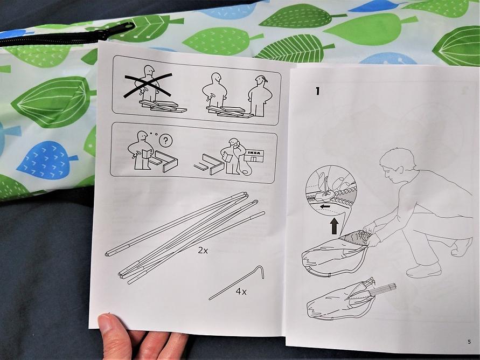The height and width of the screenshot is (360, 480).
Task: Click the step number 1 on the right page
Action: [317, 91]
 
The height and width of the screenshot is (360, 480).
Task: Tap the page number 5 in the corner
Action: [469, 342]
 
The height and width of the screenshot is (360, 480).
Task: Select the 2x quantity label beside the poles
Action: [203, 251]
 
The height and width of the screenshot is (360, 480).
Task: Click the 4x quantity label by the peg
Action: [241, 292]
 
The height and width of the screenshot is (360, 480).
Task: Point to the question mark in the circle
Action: [166, 141]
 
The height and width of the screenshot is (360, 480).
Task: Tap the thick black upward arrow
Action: [335, 226]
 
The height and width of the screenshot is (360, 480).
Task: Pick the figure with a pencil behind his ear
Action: [259, 95]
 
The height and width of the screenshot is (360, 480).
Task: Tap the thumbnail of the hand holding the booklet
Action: [106, 323]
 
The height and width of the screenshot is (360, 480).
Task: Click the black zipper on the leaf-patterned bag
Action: [67, 35]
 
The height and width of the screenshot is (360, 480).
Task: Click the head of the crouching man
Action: [398, 165]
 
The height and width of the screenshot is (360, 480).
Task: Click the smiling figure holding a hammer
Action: [215, 91]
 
